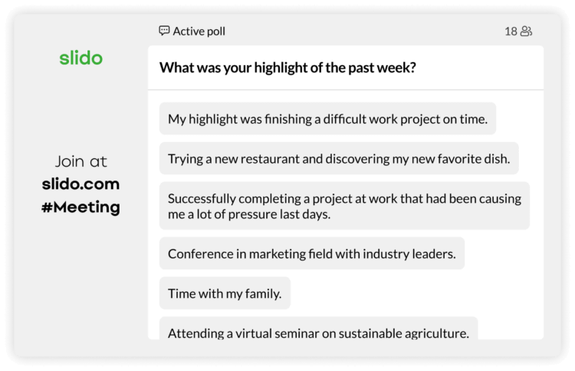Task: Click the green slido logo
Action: (x=80, y=58)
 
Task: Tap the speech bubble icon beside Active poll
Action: (x=164, y=31)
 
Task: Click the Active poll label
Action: (x=199, y=31)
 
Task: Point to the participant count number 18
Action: (x=511, y=31)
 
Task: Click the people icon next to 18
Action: (x=526, y=31)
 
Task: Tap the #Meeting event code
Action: (x=80, y=207)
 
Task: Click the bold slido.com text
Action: (x=80, y=184)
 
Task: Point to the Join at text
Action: (x=80, y=161)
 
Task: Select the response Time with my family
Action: (x=225, y=293)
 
